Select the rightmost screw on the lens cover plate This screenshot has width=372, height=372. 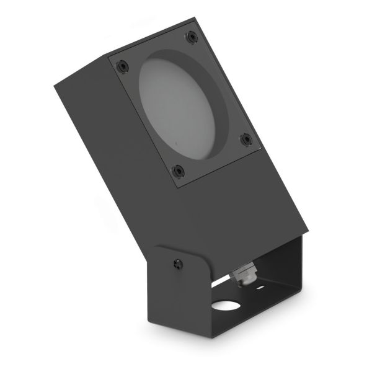[x=246, y=139]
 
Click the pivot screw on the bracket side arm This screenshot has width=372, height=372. [x=179, y=264]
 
